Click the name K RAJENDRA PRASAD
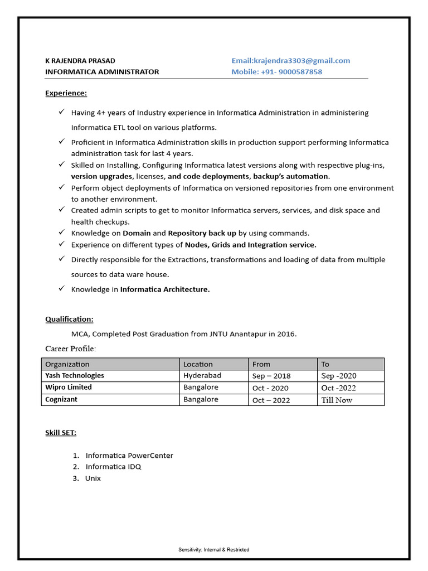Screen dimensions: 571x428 pos(80,61)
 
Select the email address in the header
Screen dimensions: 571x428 pos(291,61)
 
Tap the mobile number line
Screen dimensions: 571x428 pos(276,72)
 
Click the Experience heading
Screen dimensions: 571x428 pos(66,93)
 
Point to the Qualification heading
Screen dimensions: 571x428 pos(69,319)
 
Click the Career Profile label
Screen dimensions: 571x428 pos(70,349)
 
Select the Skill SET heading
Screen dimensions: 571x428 pos(61,433)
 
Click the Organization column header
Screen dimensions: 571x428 pos(67,364)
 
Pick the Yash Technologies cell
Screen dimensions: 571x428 pos(75,376)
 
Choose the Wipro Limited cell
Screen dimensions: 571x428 pos(69,388)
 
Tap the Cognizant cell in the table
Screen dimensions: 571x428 pos(61,400)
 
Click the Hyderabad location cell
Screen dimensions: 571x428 pos(202,376)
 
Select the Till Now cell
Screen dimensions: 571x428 pos(337,400)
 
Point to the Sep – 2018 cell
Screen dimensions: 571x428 pos(271,376)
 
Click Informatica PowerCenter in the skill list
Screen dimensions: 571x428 pos(129,456)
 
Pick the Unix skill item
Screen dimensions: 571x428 pos(93,478)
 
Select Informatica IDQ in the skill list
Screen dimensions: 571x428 pos(113,467)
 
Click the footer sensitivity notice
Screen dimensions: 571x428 pos(214,550)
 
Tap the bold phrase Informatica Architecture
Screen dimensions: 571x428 pos(165,289)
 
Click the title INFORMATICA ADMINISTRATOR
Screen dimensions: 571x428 pos(102,72)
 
